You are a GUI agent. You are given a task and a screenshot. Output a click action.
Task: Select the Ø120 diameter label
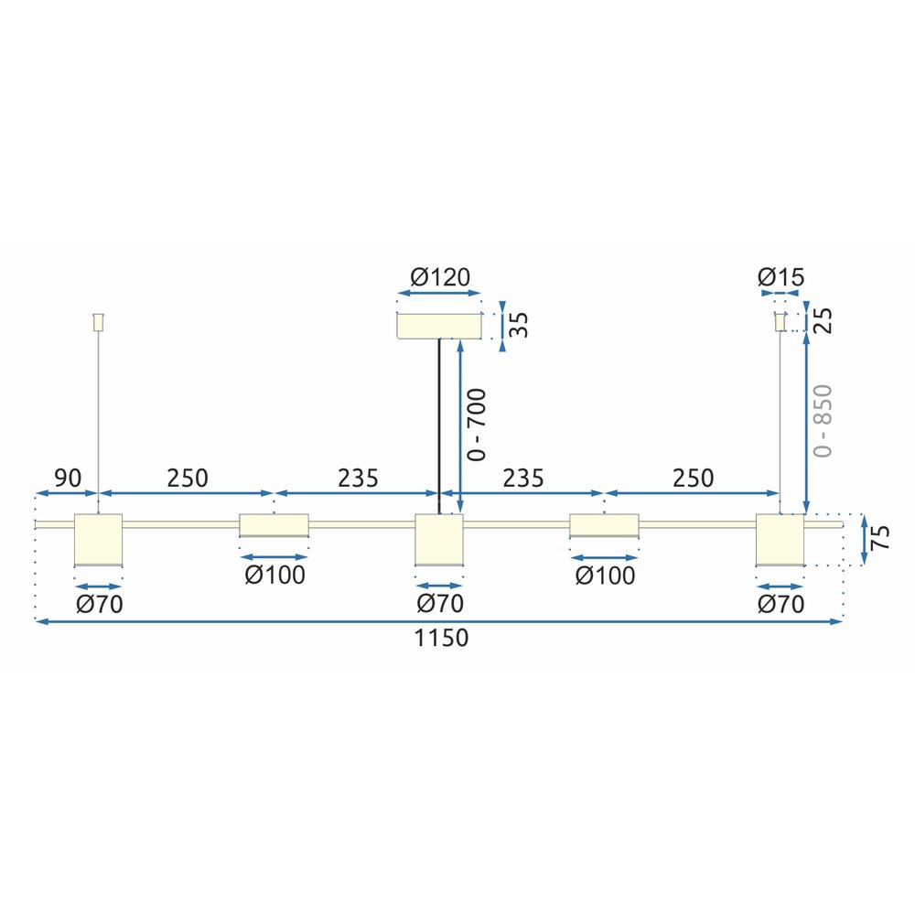(439, 277)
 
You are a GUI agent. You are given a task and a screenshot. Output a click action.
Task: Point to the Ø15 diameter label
(780, 277)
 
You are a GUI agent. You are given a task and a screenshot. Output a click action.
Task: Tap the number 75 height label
(880, 539)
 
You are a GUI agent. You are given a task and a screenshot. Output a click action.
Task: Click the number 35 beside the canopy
(520, 324)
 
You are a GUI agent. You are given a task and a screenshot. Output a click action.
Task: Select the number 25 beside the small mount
(823, 321)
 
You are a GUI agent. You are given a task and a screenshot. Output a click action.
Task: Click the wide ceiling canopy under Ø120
(439, 326)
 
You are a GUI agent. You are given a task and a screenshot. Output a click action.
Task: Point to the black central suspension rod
(439, 421)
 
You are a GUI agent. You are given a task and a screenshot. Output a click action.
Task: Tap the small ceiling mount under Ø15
(780, 322)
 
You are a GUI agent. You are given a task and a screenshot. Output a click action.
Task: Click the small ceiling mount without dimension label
(98, 322)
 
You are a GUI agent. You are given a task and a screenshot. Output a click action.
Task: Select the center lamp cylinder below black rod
(439, 540)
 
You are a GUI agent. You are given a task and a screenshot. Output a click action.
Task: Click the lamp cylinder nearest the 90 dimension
(98, 540)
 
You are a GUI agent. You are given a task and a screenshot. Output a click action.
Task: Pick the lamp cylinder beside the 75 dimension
(780, 540)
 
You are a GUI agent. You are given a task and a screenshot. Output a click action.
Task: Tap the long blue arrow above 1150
(439, 621)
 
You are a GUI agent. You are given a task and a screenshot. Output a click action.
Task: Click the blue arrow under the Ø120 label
(439, 295)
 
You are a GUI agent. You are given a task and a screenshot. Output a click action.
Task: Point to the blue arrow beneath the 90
(66, 494)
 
